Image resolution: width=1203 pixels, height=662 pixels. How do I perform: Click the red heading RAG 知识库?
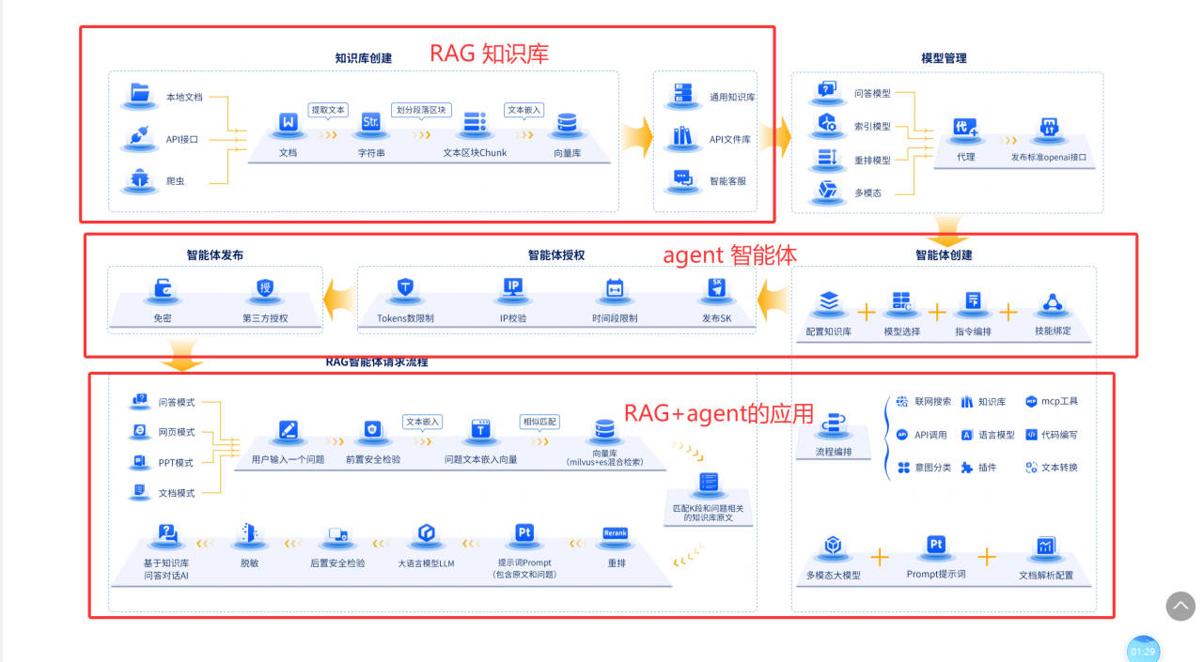click(489, 54)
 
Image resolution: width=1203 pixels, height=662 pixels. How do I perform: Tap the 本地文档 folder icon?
click(140, 93)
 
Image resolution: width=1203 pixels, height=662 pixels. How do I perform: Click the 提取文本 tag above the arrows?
click(328, 110)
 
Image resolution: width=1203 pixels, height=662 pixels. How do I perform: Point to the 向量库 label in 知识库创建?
click(567, 152)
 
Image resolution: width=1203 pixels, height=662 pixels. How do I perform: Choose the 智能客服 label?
click(727, 180)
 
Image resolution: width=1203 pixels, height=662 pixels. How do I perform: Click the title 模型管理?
click(944, 58)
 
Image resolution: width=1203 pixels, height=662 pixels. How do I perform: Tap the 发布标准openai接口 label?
click(1048, 157)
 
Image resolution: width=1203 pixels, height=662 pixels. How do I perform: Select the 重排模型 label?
click(872, 161)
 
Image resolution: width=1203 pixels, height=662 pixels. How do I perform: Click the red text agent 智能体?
click(730, 255)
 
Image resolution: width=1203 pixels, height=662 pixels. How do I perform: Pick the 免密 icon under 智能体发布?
click(163, 286)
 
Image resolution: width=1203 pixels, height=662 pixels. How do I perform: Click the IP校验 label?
click(513, 318)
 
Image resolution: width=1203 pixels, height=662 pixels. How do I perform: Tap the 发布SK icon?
click(716, 287)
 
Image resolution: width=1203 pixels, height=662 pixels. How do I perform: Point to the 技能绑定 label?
click(1053, 331)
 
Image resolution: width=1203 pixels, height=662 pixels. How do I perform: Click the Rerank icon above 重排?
click(616, 534)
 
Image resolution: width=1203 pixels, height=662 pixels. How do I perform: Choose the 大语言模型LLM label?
click(426, 563)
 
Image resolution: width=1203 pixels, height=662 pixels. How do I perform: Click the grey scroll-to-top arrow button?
click(1180, 606)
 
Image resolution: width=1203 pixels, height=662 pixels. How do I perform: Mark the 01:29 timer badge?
click(1143, 651)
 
